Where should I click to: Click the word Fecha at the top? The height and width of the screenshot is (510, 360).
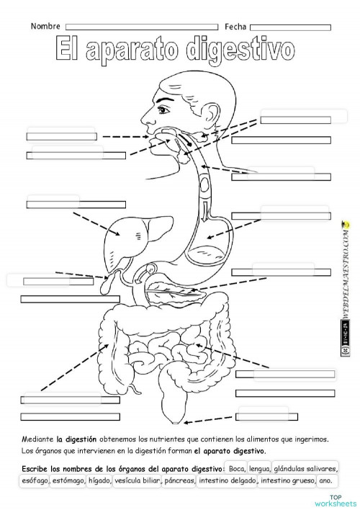[x=235, y=26]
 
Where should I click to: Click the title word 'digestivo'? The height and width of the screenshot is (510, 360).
[x=240, y=50]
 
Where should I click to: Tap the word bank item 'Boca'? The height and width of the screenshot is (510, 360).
[x=235, y=469]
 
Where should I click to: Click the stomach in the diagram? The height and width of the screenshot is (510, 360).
[x=220, y=234]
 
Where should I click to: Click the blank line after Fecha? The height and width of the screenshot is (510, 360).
[x=290, y=27]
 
